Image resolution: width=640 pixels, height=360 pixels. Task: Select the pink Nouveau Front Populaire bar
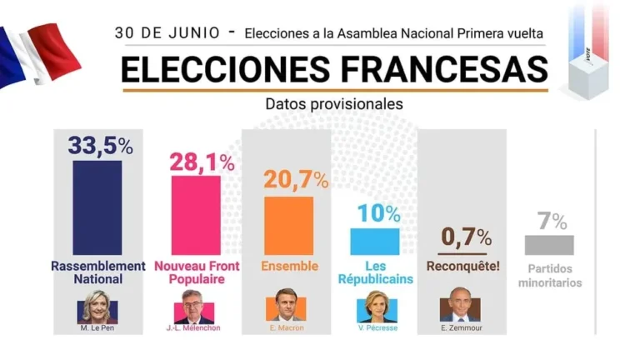196,216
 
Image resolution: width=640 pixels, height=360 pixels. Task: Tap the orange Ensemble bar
288,225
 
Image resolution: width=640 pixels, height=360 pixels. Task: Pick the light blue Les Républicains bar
374,241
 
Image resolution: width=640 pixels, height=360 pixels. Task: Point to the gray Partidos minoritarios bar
549,244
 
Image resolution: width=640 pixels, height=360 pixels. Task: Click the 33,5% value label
100,145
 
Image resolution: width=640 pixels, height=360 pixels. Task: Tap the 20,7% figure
295,178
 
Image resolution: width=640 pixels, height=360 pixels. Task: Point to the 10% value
379,213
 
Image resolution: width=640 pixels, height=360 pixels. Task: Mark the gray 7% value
552,221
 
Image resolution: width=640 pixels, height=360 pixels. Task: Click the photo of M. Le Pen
97,307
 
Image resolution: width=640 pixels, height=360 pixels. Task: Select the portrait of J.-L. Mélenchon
195,308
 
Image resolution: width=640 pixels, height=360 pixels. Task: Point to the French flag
37,54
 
